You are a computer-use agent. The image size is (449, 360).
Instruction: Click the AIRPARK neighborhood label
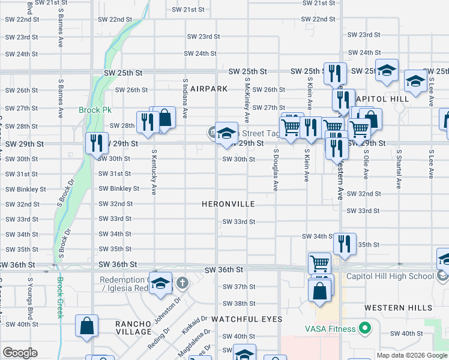click(x=209, y=89)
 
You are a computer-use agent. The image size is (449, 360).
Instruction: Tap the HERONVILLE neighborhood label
click(x=230, y=204)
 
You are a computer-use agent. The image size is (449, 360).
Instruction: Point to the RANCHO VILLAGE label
click(x=134, y=328)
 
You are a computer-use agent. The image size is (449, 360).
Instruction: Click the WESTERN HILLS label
click(x=398, y=308)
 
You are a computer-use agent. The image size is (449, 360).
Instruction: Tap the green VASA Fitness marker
click(x=364, y=328)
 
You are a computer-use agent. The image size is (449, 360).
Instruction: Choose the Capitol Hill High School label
click(x=390, y=277)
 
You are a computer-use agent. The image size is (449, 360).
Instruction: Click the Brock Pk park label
click(x=91, y=110)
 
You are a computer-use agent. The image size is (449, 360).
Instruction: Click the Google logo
click(x=20, y=353)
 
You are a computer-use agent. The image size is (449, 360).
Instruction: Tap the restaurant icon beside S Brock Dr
click(x=96, y=143)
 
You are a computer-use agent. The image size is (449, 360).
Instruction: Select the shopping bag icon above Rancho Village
click(x=87, y=326)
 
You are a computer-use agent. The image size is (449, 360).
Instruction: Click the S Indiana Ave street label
click(x=185, y=97)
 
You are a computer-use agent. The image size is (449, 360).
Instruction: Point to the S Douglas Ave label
click(x=276, y=170)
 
